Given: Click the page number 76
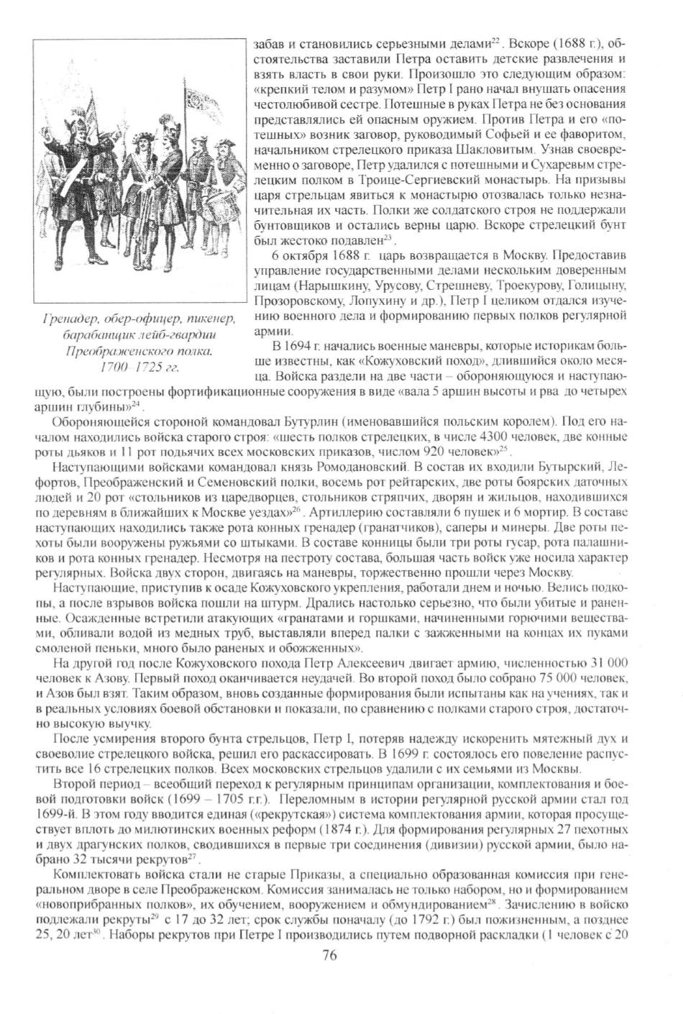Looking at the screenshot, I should (330, 955).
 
